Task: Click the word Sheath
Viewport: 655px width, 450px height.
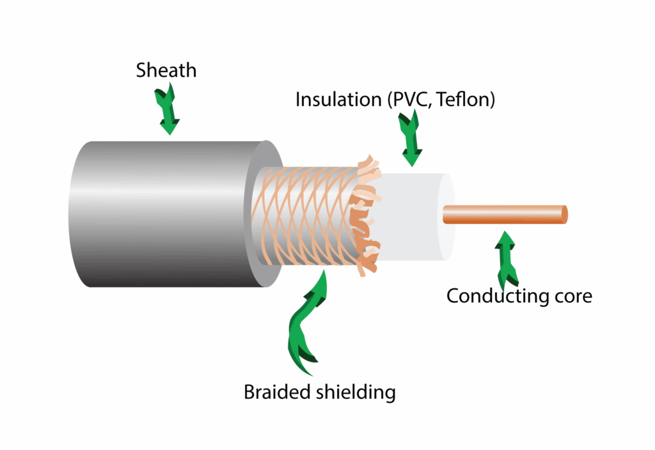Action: point(166,70)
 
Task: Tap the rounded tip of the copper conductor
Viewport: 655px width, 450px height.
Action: point(564,215)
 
